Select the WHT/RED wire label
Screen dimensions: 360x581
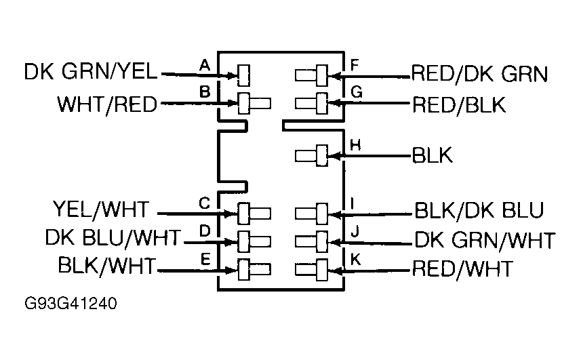point(107,104)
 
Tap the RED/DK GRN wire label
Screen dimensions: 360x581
point(479,73)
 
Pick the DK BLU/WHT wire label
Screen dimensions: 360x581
point(113,238)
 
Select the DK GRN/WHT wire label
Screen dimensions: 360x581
point(485,240)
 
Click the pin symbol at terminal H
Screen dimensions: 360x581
point(313,155)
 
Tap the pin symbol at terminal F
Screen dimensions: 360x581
point(313,74)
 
